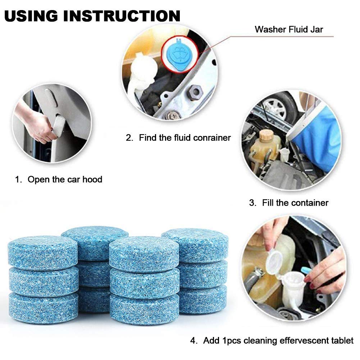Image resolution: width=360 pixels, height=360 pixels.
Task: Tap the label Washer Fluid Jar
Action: [288, 29]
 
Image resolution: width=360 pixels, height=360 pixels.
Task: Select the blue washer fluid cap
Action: [179, 54]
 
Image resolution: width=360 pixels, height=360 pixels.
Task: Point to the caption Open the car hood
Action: [65, 179]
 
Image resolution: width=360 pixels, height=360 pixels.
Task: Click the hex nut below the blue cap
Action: [196, 92]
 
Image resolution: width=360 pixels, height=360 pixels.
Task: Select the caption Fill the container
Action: [295, 203]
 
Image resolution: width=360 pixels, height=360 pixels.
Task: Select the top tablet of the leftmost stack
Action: [43, 252]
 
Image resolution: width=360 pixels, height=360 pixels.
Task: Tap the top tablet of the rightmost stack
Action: [195, 245]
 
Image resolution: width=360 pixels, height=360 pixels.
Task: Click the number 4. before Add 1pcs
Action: [194, 341]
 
